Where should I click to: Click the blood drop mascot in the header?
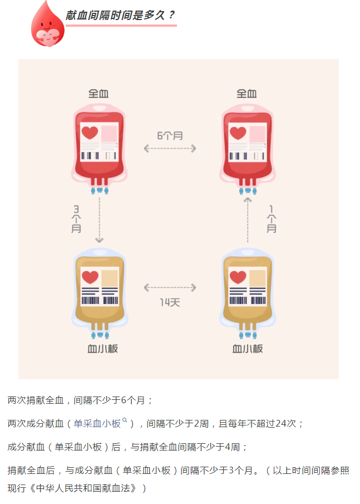pos(47,23)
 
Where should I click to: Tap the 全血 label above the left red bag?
pos(98,94)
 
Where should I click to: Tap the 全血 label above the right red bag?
pos(246,94)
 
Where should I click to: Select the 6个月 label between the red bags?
pos(170,135)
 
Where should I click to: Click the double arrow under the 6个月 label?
pos(170,148)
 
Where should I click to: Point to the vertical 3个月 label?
pos(76,219)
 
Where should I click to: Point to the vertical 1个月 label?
pos(271,219)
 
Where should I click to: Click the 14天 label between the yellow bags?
pos(170,302)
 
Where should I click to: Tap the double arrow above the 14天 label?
pos(170,288)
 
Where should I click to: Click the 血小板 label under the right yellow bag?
pos(248,349)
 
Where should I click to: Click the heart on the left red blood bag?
pos(89,133)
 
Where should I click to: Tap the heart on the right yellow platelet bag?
pos(238,277)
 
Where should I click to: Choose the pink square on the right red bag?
pos(257,134)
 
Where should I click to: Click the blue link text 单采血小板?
pos(97,424)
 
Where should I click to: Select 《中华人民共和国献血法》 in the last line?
pos(83,488)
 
